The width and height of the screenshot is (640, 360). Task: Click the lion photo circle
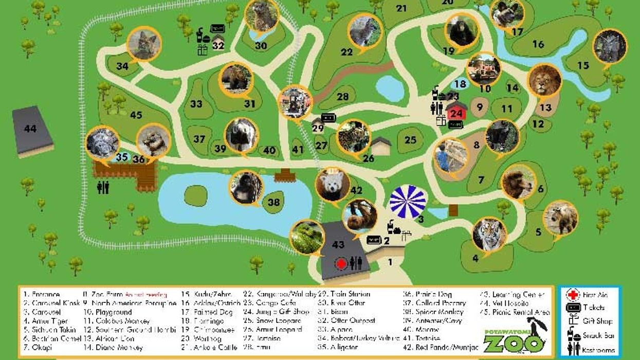[x=544, y=80]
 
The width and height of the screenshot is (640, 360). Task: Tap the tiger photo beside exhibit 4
[x=489, y=235]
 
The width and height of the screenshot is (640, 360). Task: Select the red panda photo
[x=332, y=185]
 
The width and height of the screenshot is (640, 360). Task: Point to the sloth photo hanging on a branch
[x=360, y=217]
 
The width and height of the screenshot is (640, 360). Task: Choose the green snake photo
[x=306, y=237]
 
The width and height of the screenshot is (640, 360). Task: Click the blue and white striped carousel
[x=408, y=202]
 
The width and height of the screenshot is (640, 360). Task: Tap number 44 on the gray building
[x=30, y=129]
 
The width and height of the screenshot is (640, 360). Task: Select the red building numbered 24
[x=456, y=113]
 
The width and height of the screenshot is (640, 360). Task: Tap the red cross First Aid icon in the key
[x=573, y=295]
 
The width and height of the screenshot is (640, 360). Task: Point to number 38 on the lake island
[x=273, y=202]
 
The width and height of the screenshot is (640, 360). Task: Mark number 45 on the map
[x=136, y=115]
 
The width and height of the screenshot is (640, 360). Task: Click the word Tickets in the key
[x=593, y=308]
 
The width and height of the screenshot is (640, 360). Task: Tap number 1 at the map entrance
[x=390, y=262]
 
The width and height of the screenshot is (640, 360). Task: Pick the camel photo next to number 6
[x=518, y=181]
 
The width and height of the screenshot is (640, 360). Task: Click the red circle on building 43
[x=340, y=263]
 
